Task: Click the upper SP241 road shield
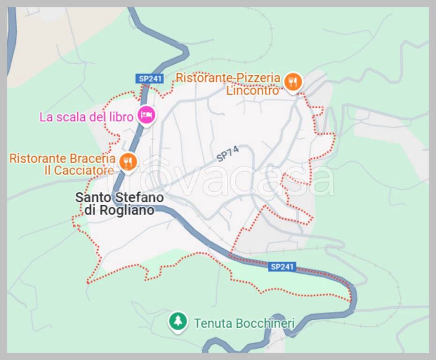pyautogui.click(x=150, y=79)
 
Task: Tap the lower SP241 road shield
pyautogui.click(x=282, y=267)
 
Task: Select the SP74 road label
pyautogui.click(x=228, y=154)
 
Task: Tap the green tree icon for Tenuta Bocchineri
pyautogui.click(x=178, y=322)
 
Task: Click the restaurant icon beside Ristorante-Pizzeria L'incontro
pyautogui.click(x=293, y=82)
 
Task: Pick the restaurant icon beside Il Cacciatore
pyautogui.click(x=128, y=162)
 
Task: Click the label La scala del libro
pyautogui.click(x=86, y=117)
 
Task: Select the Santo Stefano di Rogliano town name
pyautogui.click(x=120, y=204)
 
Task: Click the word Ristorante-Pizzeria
pyautogui.click(x=228, y=78)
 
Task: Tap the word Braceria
pyautogui.click(x=94, y=158)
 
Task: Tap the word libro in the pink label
pyautogui.click(x=121, y=117)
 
